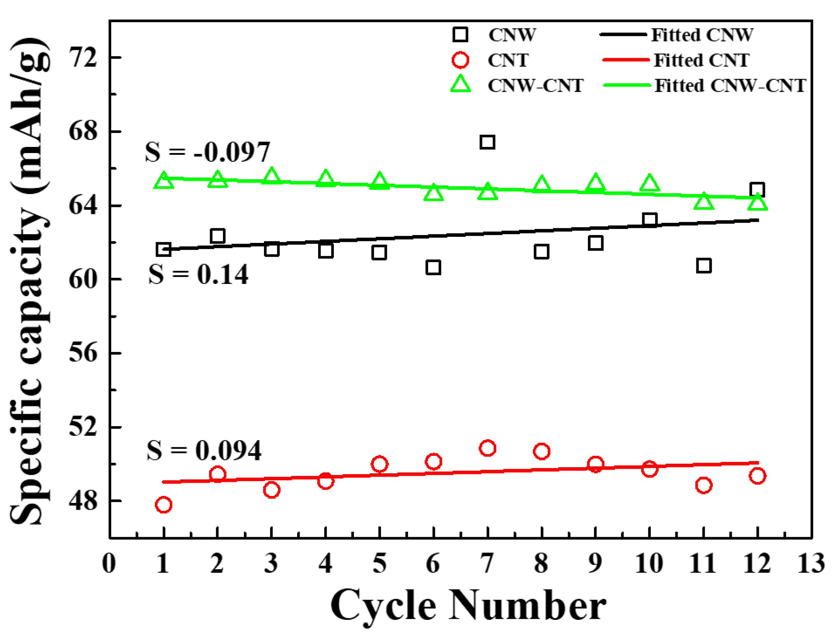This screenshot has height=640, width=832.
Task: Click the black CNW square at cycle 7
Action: tap(488, 142)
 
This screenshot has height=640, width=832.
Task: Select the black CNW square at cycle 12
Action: tap(757, 190)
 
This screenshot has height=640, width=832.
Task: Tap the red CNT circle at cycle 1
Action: tap(163, 505)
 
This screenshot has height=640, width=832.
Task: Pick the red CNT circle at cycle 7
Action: tap(488, 448)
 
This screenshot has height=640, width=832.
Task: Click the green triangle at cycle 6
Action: tap(434, 193)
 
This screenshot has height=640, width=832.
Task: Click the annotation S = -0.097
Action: tap(207, 152)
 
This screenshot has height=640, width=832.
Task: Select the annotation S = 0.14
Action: tap(198, 274)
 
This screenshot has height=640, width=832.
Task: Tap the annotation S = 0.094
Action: tap(204, 451)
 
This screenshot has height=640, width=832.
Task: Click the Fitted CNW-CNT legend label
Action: tap(730, 86)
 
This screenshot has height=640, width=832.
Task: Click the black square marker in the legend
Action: tap(460, 35)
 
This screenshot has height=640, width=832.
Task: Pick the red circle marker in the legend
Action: tap(460, 60)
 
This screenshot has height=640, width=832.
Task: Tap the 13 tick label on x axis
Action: tap(811, 564)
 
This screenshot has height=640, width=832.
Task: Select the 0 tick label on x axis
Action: tap(109, 564)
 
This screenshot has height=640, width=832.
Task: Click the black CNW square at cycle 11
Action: tap(703, 265)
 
